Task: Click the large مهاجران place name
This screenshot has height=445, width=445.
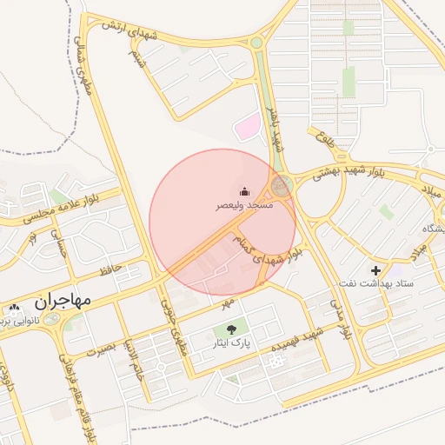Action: (63, 302)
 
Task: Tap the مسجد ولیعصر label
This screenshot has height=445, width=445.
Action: (245, 206)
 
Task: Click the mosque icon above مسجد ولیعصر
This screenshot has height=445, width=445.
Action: (245, 191)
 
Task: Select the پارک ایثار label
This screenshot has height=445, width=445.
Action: (230, 343)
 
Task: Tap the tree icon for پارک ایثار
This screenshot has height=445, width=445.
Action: (230, 329)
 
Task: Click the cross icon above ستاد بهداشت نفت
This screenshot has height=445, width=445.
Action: (375, 270)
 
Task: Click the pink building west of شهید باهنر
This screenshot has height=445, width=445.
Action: (247, 127)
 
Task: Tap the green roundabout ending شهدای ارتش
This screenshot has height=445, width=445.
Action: (256, 41)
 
